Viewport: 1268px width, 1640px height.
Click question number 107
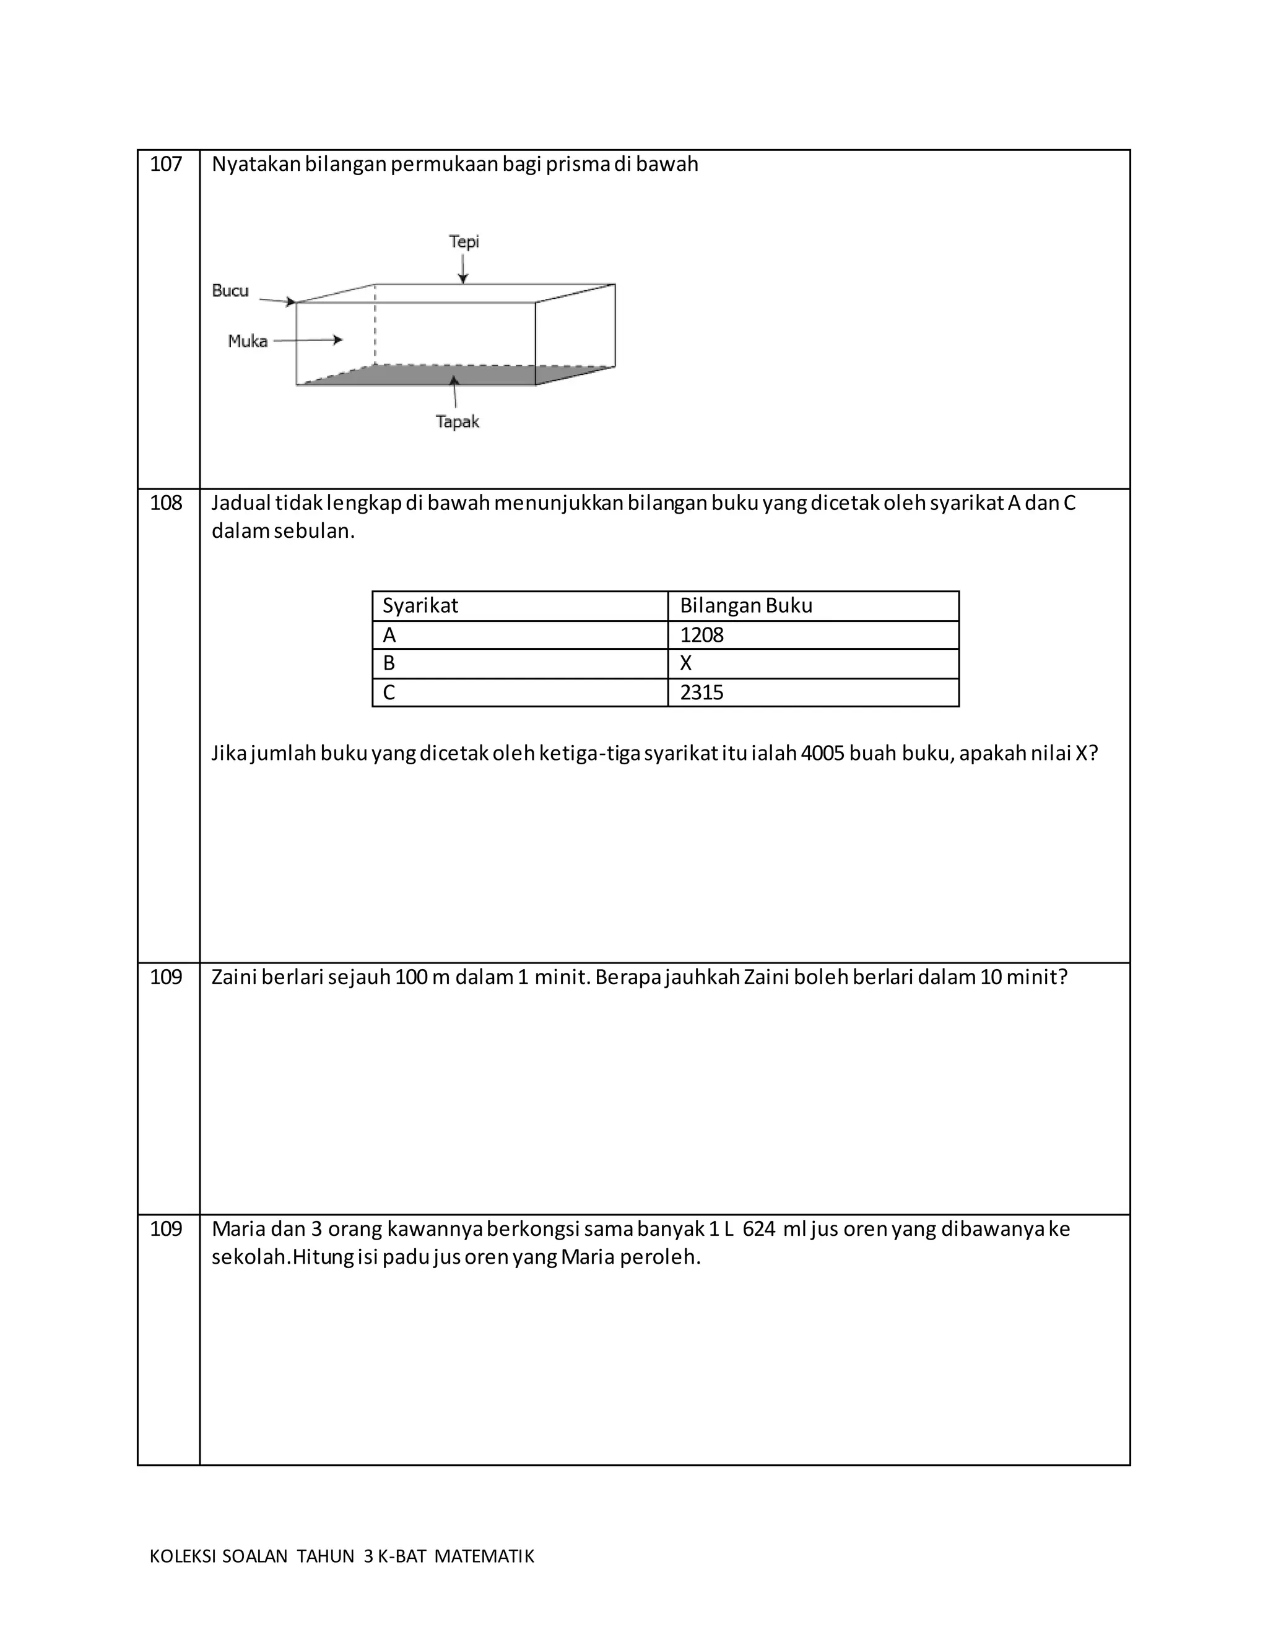[x=165, y=165]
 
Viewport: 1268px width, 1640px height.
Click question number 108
[x=165, y=503]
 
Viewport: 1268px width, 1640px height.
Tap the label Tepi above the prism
[x=464, y=242]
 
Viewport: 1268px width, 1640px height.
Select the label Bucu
[x=230, y=291]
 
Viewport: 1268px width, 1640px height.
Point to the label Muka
[x=247, y=342]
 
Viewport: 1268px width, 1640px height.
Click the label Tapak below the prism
[x=457, y=422]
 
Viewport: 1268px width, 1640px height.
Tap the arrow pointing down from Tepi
[x=462, y=269]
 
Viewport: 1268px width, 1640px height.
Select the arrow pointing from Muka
[x=308, y=340]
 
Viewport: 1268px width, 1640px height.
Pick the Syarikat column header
[x=420, y=606]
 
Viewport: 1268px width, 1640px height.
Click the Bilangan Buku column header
[x=745, y=606]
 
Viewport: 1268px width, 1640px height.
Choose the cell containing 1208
[x=701, y=636]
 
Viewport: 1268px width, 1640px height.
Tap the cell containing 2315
[x=701, y=693]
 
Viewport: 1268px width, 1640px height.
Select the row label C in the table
[x=388, y=693]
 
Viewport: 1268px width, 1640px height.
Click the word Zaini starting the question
[x=235, y=978]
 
